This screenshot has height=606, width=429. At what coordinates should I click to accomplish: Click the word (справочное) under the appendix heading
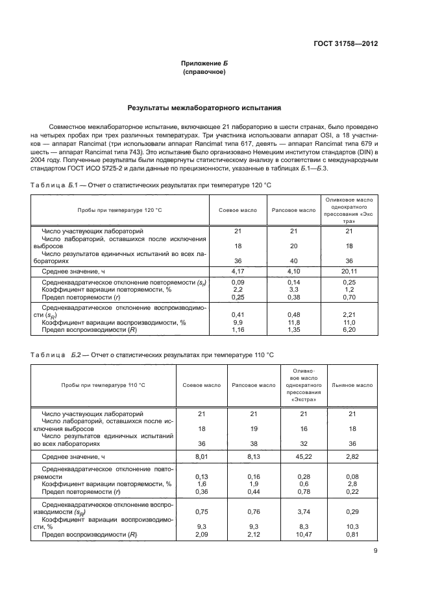(204, 72)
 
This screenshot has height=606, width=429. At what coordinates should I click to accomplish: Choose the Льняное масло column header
(356, 385)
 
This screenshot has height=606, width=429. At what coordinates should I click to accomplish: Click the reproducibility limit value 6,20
(349, 330)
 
